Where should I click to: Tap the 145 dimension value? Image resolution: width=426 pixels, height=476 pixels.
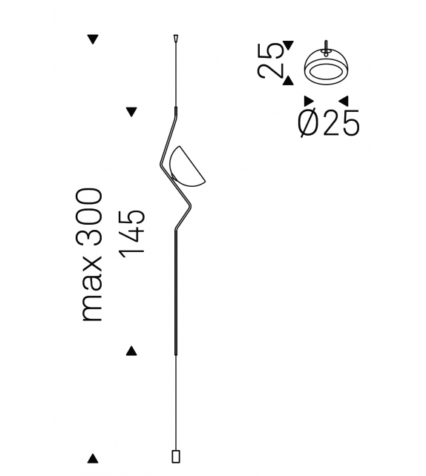132,234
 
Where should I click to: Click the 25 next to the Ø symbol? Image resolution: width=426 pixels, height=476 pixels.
342,124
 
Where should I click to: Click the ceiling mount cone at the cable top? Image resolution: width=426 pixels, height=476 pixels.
176,37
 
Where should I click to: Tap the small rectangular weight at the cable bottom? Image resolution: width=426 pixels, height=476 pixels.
176,454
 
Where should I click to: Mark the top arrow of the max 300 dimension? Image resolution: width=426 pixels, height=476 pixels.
93,40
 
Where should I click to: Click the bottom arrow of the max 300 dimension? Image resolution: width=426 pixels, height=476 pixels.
93,458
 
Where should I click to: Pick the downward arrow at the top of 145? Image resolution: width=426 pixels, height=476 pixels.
132,113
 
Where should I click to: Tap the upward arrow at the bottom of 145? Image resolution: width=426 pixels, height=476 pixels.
132,351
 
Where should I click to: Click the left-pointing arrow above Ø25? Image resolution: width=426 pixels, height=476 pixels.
343,102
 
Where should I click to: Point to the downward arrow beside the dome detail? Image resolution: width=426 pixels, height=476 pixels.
289,45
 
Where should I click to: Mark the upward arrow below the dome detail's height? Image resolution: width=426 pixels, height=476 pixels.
289,79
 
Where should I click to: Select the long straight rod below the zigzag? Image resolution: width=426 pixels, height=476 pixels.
176,297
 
